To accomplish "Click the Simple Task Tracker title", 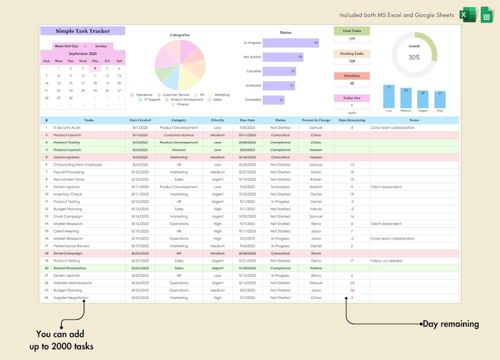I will point(82,31).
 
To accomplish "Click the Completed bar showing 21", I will point(273,99).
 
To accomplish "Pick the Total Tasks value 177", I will point(351,39).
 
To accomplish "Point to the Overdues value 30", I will point(351,83).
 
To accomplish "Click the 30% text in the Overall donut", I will point(414,57).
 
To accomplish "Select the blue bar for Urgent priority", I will point(423,100).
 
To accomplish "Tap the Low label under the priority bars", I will point(389,111).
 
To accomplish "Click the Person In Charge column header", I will point(315,120).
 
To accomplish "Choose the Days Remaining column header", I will point(351,120).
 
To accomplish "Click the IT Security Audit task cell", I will point(67,128).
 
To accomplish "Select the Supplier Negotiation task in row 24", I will point(71,298).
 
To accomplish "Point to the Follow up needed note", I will point(387,261).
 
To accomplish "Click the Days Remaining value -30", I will point(351,290).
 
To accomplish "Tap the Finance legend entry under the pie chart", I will point(183,104).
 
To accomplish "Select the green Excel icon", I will point(467,14).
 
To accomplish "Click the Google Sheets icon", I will point(486,14).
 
